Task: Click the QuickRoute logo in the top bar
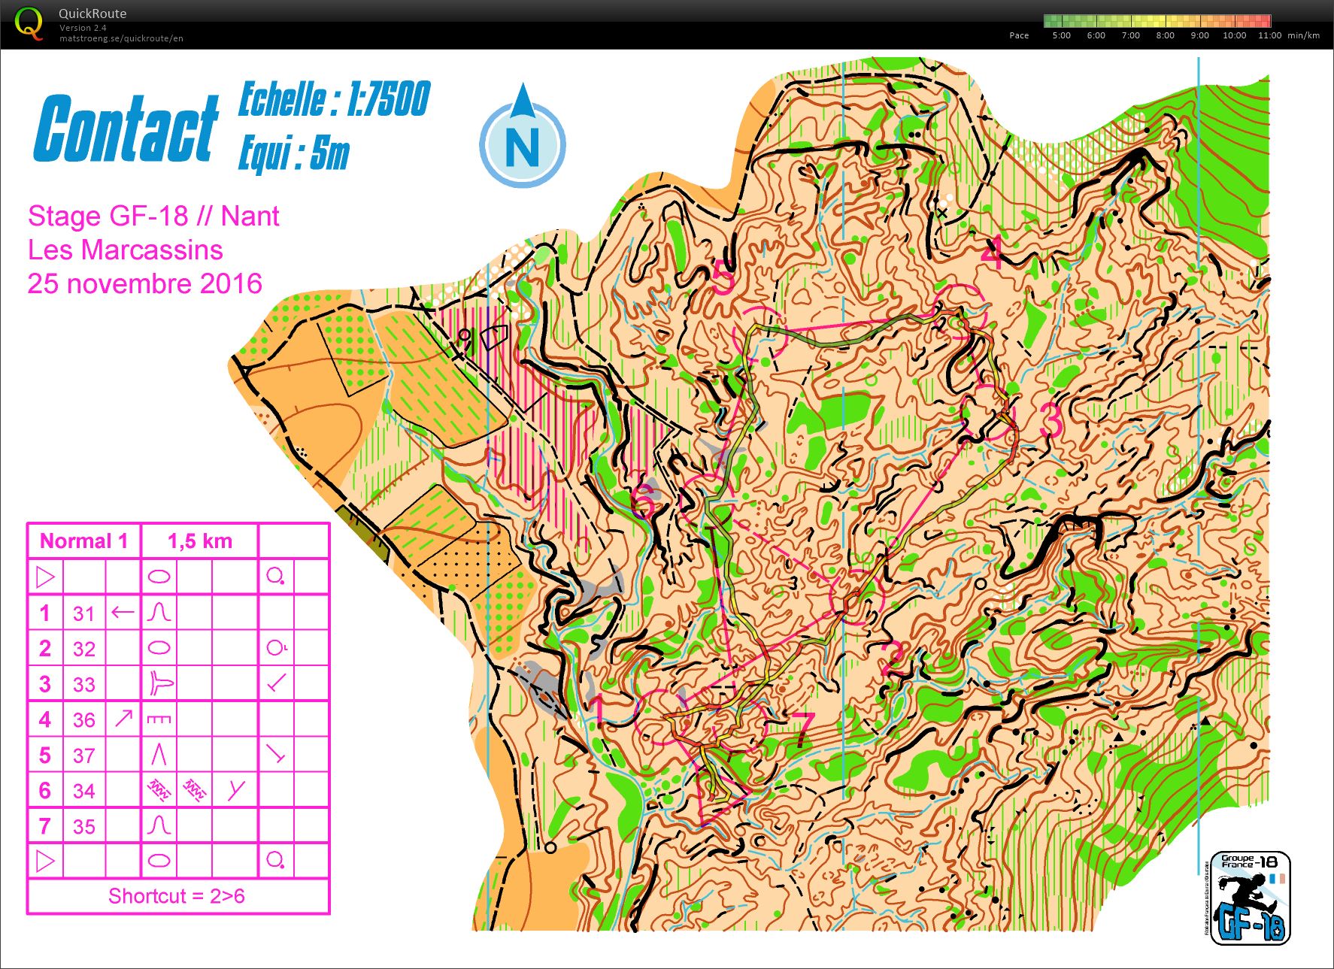[x=29, y=23]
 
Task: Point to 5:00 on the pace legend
[x=1061, y=35]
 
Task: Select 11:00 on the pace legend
[x=1269, y=35]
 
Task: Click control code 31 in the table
[x=83, y=613]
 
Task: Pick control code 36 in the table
[x=83, y=720]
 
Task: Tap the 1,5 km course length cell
[x=199, y=541]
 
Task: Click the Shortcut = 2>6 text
[x=176, y=896]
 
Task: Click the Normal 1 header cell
[x=83, y=541]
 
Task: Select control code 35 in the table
[x=83, y=827]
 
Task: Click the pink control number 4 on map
[x=991, y=253]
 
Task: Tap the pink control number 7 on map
[x=802, y=728]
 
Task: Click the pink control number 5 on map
[x=723, y=278]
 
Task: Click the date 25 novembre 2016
[x=144, y=283]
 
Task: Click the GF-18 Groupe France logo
[x=1250, y=898]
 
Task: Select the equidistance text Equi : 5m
[x=294, y=154]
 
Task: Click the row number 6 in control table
[x=45, y=791]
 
